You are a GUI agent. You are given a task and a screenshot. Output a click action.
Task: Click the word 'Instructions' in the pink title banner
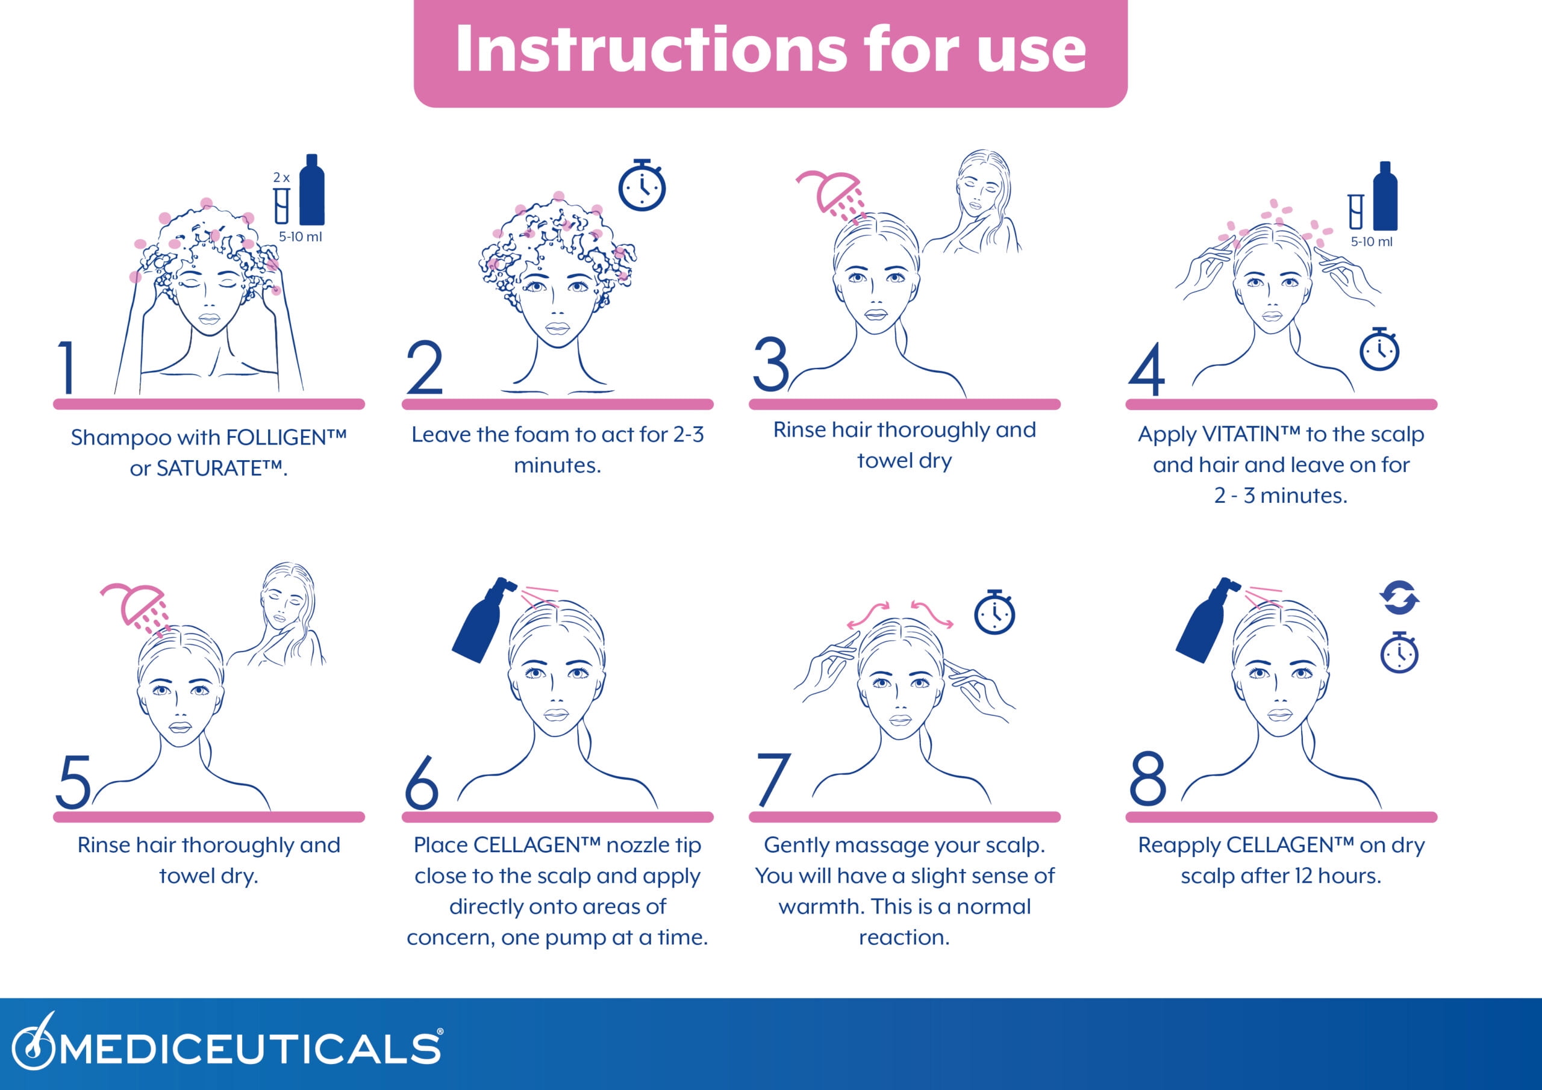650,48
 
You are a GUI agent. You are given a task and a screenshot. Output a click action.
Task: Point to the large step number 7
773,779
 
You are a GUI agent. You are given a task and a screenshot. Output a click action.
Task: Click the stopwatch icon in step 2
641,185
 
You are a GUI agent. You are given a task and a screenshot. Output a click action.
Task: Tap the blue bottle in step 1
311,189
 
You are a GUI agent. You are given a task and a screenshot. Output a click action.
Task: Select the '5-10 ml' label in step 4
1372,241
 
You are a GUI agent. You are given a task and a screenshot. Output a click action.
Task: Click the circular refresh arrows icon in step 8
1399,597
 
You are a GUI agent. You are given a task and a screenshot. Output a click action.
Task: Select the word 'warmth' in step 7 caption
822,907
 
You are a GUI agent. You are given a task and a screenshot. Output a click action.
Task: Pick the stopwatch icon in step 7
994,612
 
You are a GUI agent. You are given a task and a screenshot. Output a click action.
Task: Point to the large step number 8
1148,779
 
